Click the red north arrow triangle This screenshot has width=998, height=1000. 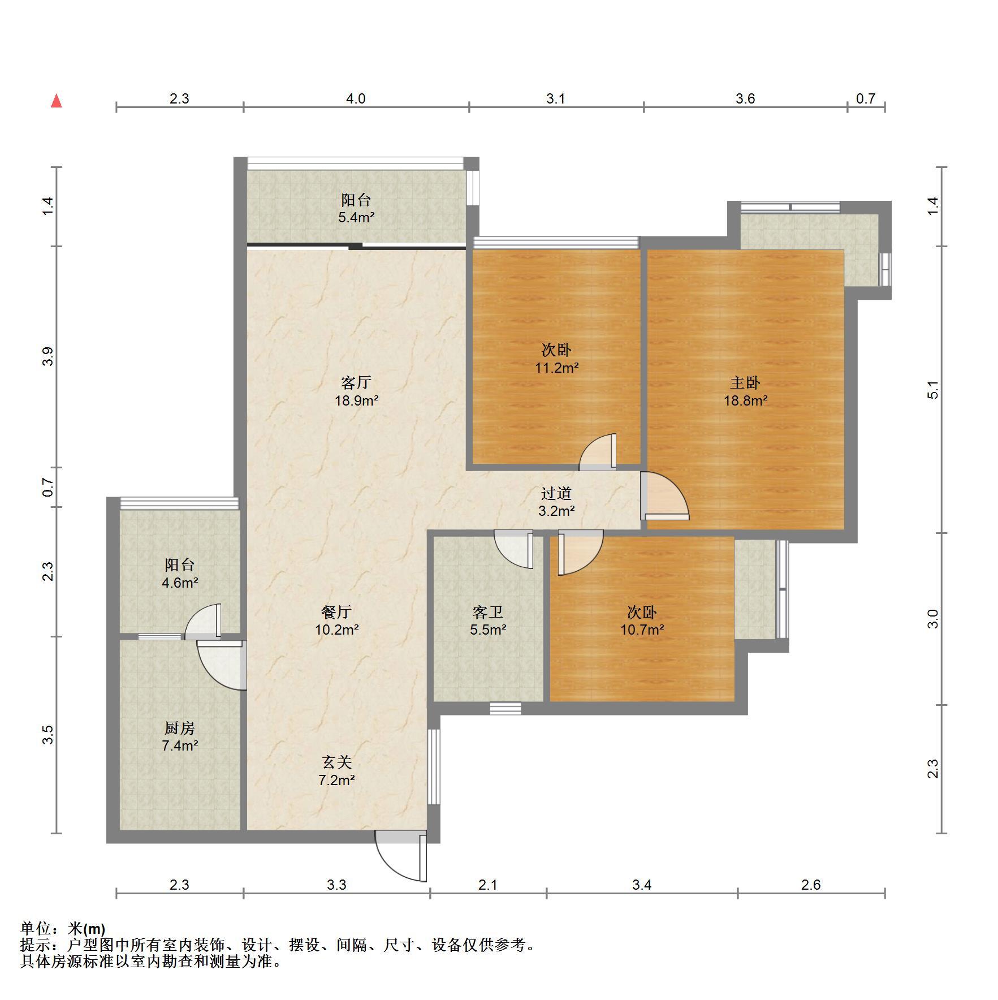(x=56, y=101)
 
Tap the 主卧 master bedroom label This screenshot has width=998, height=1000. (x=745, y=383)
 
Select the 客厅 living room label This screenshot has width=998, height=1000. (x=356, y=383)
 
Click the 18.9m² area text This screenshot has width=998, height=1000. (x=356, y=401)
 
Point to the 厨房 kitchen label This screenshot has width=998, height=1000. (x=179, y=728)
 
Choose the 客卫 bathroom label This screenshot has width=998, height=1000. (x=487, y=612)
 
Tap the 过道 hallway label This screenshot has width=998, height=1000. (x=556, y=494)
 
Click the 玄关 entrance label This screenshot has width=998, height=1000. (x=336, y=762)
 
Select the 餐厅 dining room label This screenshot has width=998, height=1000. (x=336, y=612)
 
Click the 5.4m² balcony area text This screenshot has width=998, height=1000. (x=356, y=217)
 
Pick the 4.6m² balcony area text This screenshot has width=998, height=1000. (x=179, y=583)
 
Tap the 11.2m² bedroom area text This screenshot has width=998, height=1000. (x=556, y=368)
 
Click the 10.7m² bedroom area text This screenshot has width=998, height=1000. (x=642, y=630)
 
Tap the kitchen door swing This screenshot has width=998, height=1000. (x=221, y=665)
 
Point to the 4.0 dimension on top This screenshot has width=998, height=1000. (x=356, y=99)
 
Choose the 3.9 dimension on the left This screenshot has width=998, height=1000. (x=48, y=356)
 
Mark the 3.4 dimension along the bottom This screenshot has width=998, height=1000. (x=642, y=885)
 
